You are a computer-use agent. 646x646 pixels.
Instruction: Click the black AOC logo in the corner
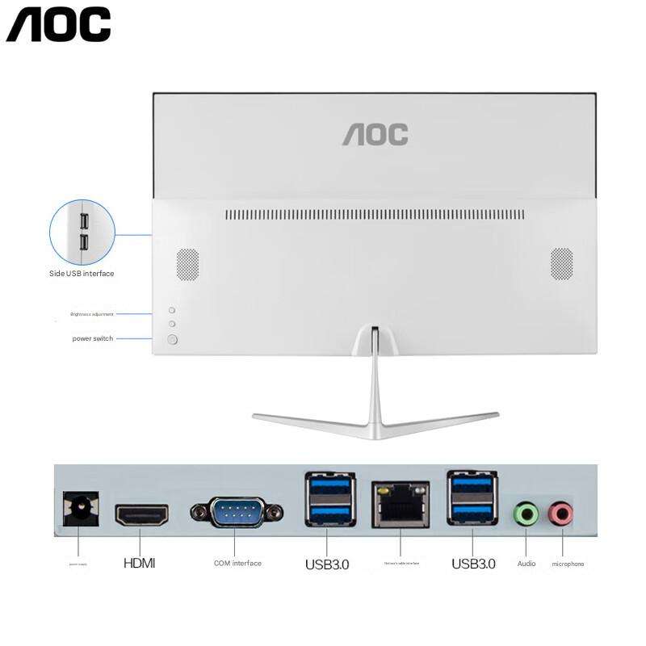point(58,24)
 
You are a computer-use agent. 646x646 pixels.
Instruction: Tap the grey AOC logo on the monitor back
point(375,134)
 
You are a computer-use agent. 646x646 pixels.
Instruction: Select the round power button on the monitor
point(172,339)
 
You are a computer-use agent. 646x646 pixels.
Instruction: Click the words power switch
point(92,338)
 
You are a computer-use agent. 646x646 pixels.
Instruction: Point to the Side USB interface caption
point(82,274)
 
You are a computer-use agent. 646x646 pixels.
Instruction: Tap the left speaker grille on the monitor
point(187,264)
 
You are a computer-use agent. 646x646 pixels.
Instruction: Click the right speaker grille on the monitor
point(562,264)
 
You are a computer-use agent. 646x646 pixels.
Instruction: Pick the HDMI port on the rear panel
point(141,514)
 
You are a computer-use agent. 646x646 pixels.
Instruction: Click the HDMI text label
point(139,563)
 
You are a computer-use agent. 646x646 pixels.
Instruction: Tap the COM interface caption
point(237,563)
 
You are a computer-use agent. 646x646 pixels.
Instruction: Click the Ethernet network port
point(401,504)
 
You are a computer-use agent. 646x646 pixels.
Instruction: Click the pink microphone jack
point(560,513)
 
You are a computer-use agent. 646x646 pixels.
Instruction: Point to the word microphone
point(568,564)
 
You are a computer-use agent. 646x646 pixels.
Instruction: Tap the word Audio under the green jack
point(526,564)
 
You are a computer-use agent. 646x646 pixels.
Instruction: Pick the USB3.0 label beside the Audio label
point(473,564)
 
